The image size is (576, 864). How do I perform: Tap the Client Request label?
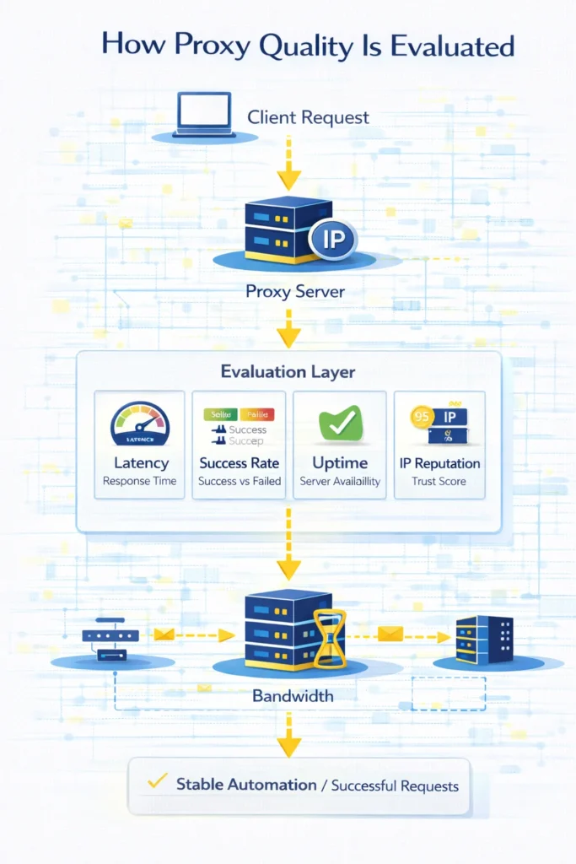308,117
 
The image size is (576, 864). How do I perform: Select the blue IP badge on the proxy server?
333,240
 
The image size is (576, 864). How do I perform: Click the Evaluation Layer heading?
288,371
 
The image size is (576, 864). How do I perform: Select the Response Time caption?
139,482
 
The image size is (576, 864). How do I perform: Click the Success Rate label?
239,463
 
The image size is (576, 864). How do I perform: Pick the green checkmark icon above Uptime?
340,423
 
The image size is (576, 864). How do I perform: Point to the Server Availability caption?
340,482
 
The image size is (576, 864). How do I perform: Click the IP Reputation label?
439,463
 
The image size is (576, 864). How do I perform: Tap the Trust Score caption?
439,482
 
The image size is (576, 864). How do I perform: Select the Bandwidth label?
292,697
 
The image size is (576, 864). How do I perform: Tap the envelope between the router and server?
164,634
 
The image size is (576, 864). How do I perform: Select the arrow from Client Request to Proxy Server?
288,165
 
